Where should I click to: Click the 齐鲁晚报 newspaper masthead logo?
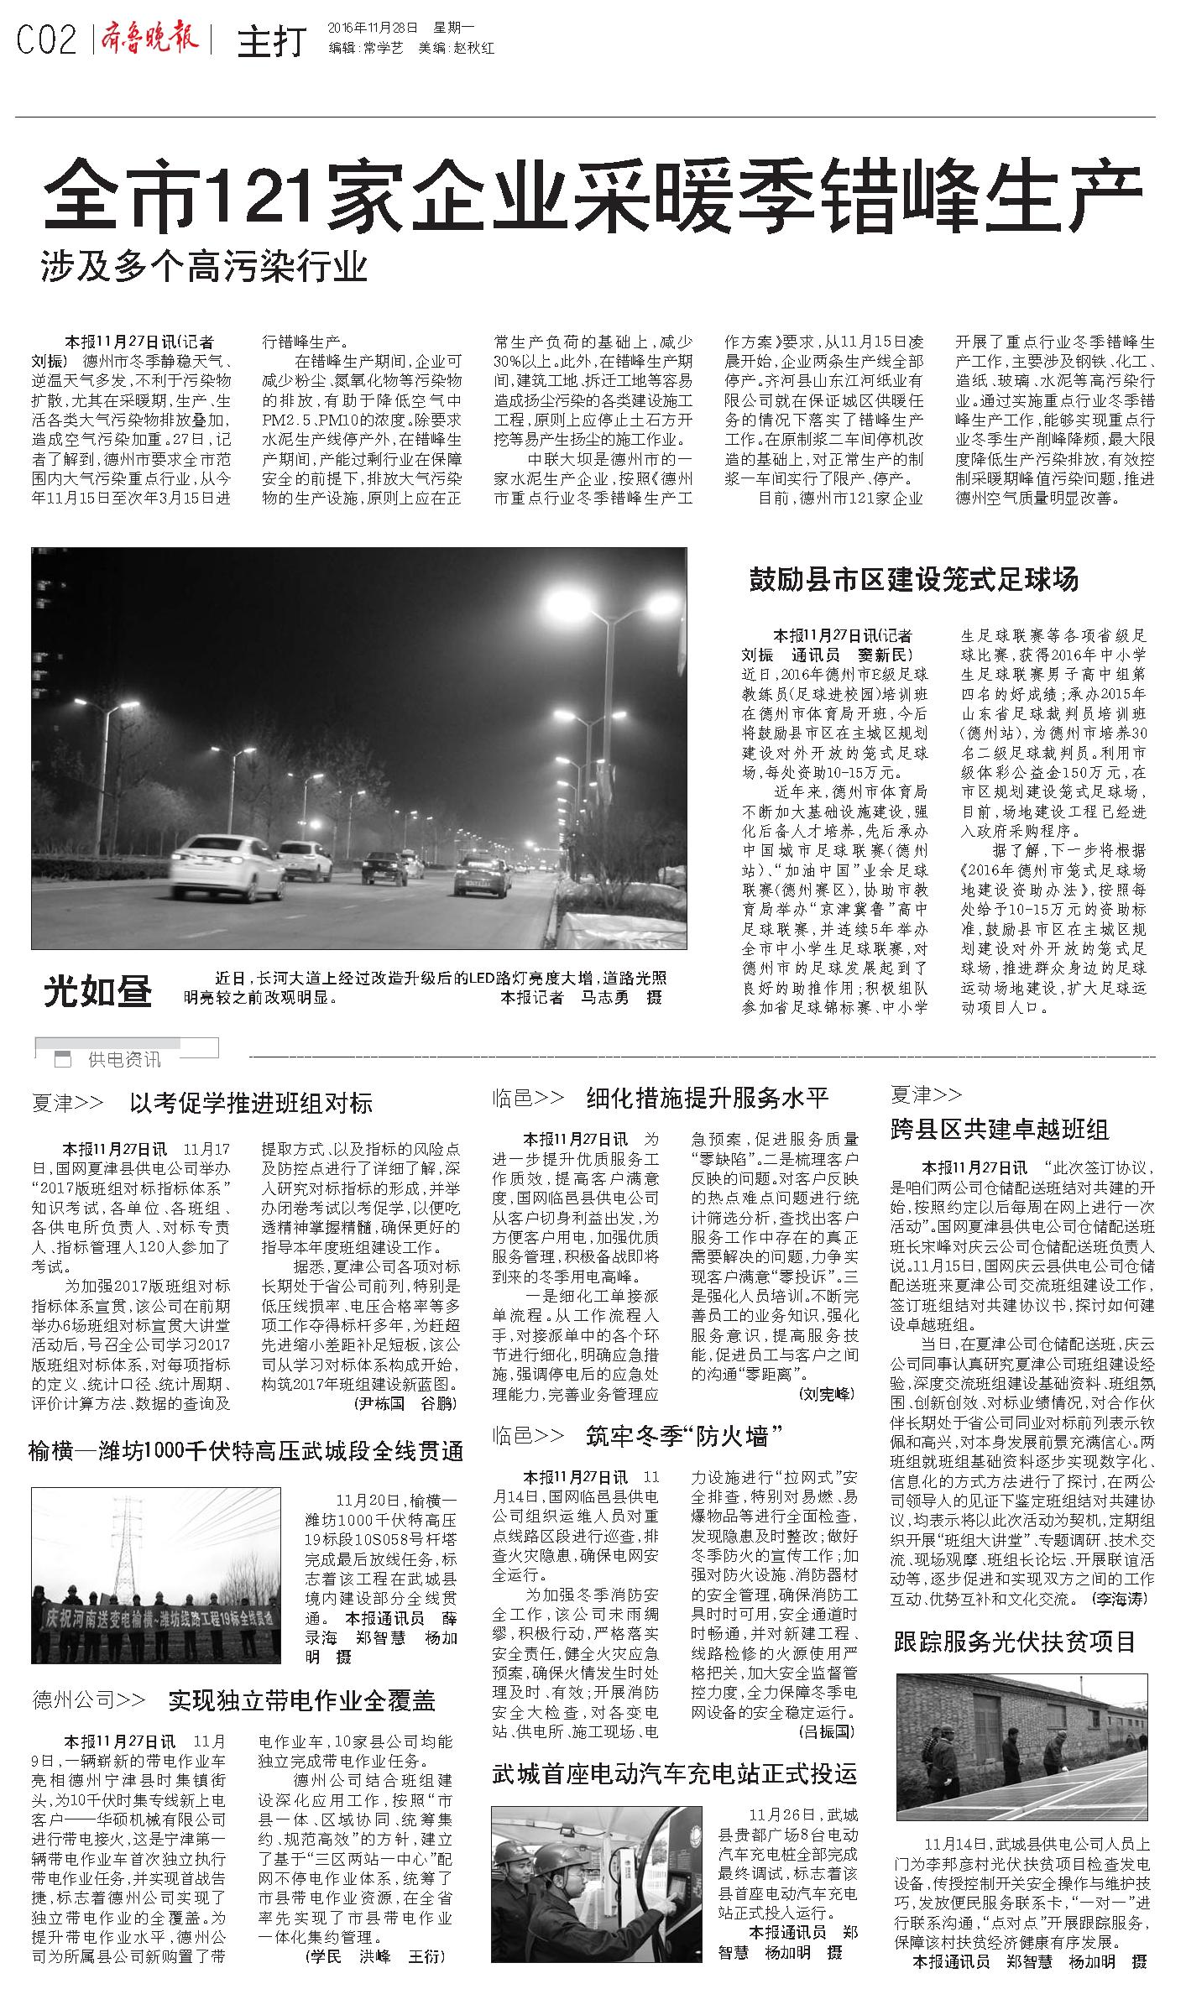pyautogui.click(x=150, y=39)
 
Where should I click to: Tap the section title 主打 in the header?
pyautogui.click(x=271, y=42)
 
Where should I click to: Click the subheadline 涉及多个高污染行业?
pyautogui.click(x=205, y=268)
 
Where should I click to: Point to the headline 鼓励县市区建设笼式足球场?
pyautogui.click(x=913, y=579)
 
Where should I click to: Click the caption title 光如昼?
pyautogui.click(x=98, y=992)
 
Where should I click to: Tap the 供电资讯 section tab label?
pyautogui.click(x=124, y=1059)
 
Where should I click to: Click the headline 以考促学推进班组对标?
pyautogui.click(x=251, y=1102)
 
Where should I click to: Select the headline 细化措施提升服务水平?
pyautogui.click(x=707, y=1097)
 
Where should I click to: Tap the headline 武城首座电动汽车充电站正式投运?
pyautogui.click(x=675, y=1773)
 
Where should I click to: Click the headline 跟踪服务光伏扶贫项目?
pyautogui.click(x=1015, y=1641)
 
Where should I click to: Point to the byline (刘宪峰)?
pyautogui.click(x=828, y=1393)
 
